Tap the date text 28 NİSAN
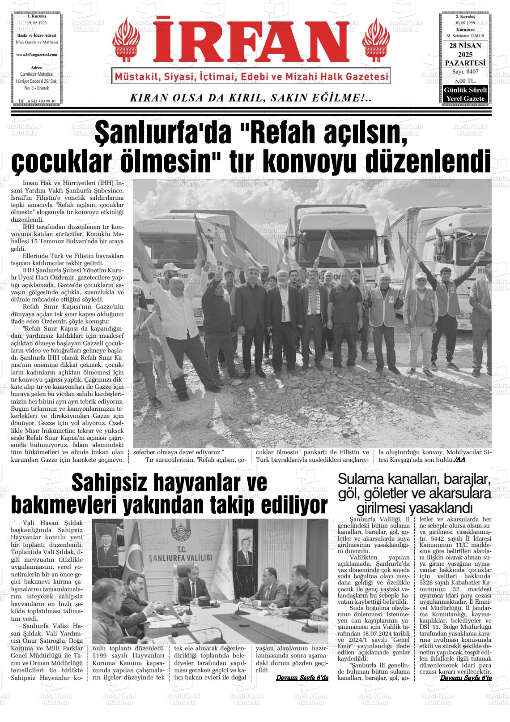[466, 46]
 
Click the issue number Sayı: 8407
[465, 72]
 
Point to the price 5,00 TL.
[465, 81]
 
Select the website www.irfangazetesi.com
[37, 54]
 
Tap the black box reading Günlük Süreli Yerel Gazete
[466, 94]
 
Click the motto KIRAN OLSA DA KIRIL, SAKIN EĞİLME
[251, 98]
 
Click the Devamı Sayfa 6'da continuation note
[302, 678]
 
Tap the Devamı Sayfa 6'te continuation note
[466, 678]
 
